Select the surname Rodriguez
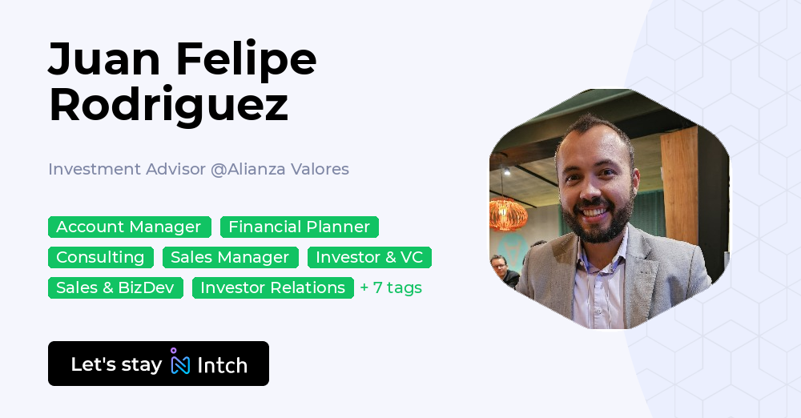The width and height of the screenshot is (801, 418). pos(168,105)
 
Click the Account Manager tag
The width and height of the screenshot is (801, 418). pos(129,227)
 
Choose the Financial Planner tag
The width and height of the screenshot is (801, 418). pos(299,227)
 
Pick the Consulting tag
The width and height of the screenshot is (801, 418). pos(100,257)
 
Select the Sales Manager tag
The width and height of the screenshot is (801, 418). pos(230,257)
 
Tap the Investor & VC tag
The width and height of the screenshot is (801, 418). pos(369,257)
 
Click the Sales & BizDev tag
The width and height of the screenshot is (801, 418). pos(115,287)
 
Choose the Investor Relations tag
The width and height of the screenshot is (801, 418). pos(272,287)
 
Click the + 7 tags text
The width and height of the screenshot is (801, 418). pos(391,287)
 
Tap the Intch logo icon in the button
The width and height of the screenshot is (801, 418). pos(179,363)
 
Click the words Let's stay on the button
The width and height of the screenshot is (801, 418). pos(116,364)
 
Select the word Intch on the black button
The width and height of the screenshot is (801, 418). pos(222,365)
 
